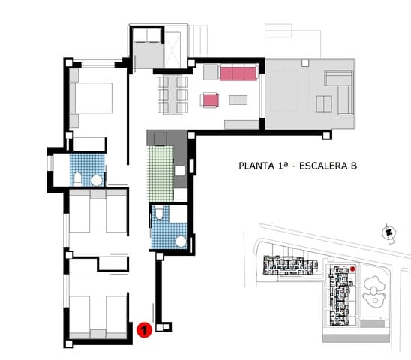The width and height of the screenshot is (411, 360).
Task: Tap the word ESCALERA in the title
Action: pos(323,166)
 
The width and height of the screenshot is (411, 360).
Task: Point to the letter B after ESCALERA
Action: pos(352,166)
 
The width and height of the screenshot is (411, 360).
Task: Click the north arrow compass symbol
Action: pos(388,233)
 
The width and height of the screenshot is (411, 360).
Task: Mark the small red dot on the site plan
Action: pos(352,268)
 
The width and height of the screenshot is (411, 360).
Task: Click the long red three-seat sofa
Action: pos(238,72)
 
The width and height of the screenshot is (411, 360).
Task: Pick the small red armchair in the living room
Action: pos(210,100)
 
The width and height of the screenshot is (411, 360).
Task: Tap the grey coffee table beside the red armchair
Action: pos(238,100)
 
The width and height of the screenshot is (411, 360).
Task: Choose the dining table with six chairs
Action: pos(172,94)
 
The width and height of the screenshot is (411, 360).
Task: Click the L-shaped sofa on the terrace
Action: pos(340,88)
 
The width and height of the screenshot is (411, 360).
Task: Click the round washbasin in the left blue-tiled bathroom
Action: pos(96,180)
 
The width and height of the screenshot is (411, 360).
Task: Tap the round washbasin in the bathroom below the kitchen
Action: pos(180,241)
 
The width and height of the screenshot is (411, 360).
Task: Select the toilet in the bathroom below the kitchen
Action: pos(159,216)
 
